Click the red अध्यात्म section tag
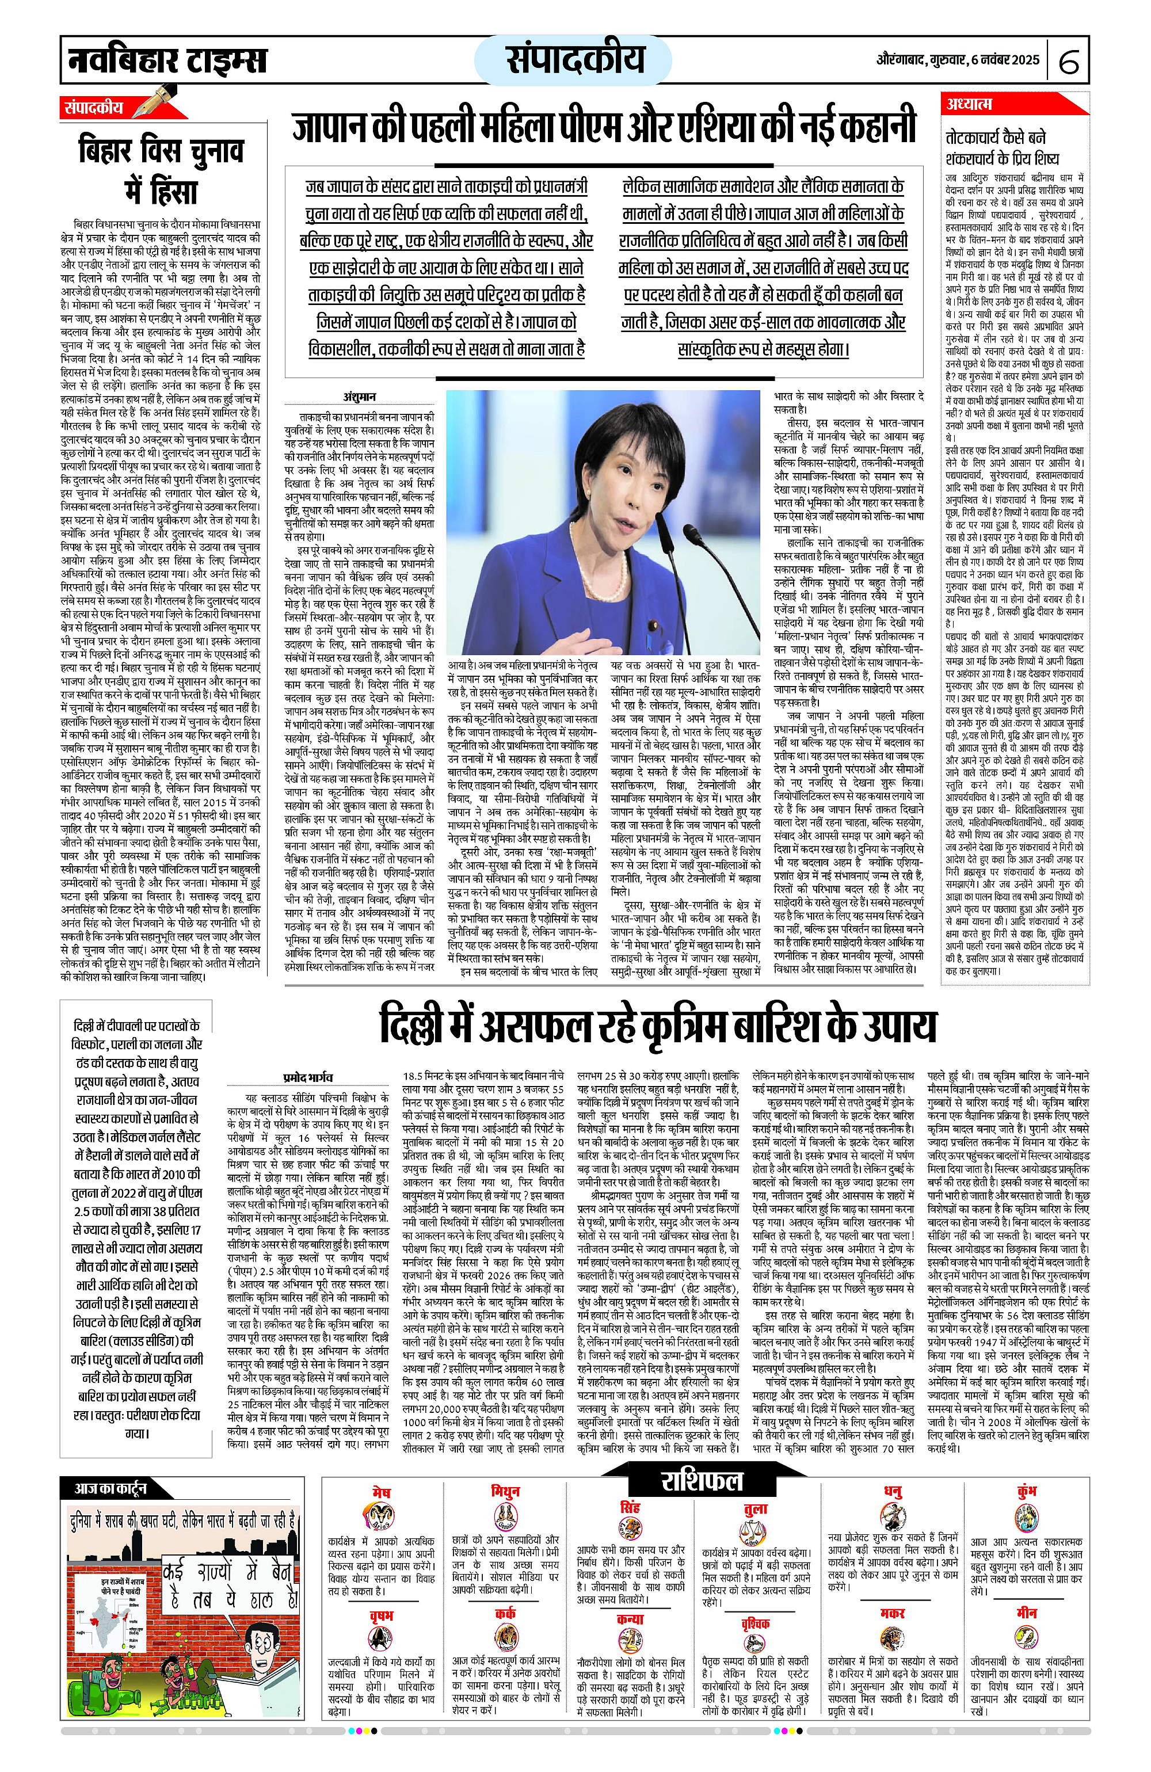coord(969,104)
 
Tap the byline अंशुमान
coord(359,397)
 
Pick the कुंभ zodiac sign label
coord(1026,1491)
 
